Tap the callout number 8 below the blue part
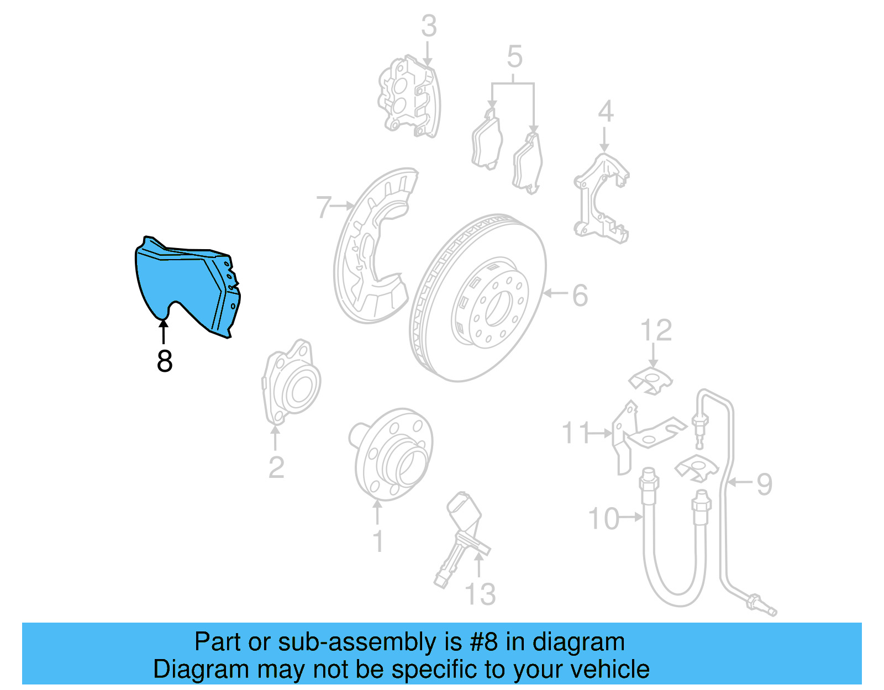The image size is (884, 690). coord(164,361)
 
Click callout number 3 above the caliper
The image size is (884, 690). coord(429,26)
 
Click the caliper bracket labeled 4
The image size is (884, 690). coord(601,198)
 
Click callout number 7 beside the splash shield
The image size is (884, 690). coord(324,207)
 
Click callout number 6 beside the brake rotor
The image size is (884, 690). coord(580,295)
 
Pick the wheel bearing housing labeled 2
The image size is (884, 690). coord(291,382)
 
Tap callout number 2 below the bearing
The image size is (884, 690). coord(276,468)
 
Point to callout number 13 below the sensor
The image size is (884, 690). coord(480,594)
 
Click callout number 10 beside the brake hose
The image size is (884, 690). coord(604,519)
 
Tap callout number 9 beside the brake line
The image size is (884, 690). coord(765,484)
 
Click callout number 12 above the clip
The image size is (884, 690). coord(656,330)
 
